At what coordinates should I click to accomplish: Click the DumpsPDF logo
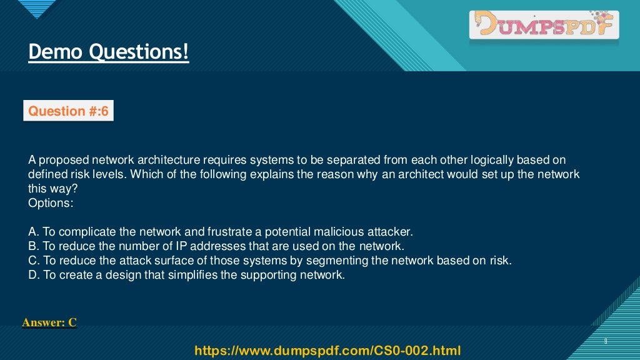(x=544, y=26)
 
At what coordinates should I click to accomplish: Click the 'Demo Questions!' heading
(x=108, y=51)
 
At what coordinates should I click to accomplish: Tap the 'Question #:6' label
(x=69, y=111)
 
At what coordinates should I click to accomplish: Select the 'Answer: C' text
(x=49, y=322)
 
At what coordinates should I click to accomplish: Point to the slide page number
(x=606, y=341)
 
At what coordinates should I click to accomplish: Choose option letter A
(x=32, y=231)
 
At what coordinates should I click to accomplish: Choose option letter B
(x=32, y=246)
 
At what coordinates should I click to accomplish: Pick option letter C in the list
(x=32, y=260)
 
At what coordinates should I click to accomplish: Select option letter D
(x=32, y=274)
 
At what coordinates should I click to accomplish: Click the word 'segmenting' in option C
(x=361, y=260)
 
